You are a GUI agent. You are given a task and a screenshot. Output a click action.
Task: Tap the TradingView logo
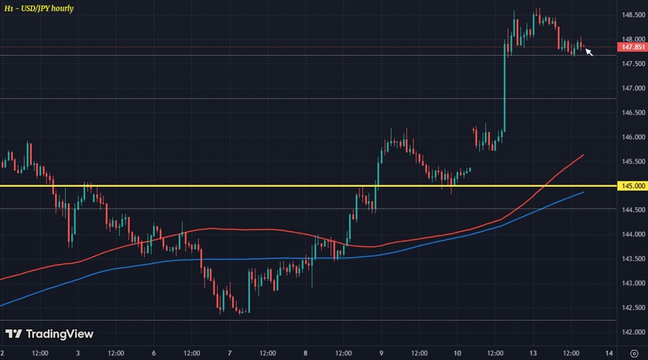(49, 333)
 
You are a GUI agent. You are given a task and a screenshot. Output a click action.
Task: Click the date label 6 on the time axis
(154, 352)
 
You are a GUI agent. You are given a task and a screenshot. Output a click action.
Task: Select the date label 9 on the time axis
(381, 352)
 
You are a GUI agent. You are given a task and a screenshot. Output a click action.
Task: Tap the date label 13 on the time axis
(533, 352)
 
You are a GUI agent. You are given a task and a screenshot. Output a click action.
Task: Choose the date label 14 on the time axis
(608, 352)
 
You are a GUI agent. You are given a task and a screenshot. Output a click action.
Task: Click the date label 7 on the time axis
(229, 352)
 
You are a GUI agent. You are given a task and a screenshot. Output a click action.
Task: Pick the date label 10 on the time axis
(457, 352)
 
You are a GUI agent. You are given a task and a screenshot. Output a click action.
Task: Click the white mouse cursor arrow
(589, 51)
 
